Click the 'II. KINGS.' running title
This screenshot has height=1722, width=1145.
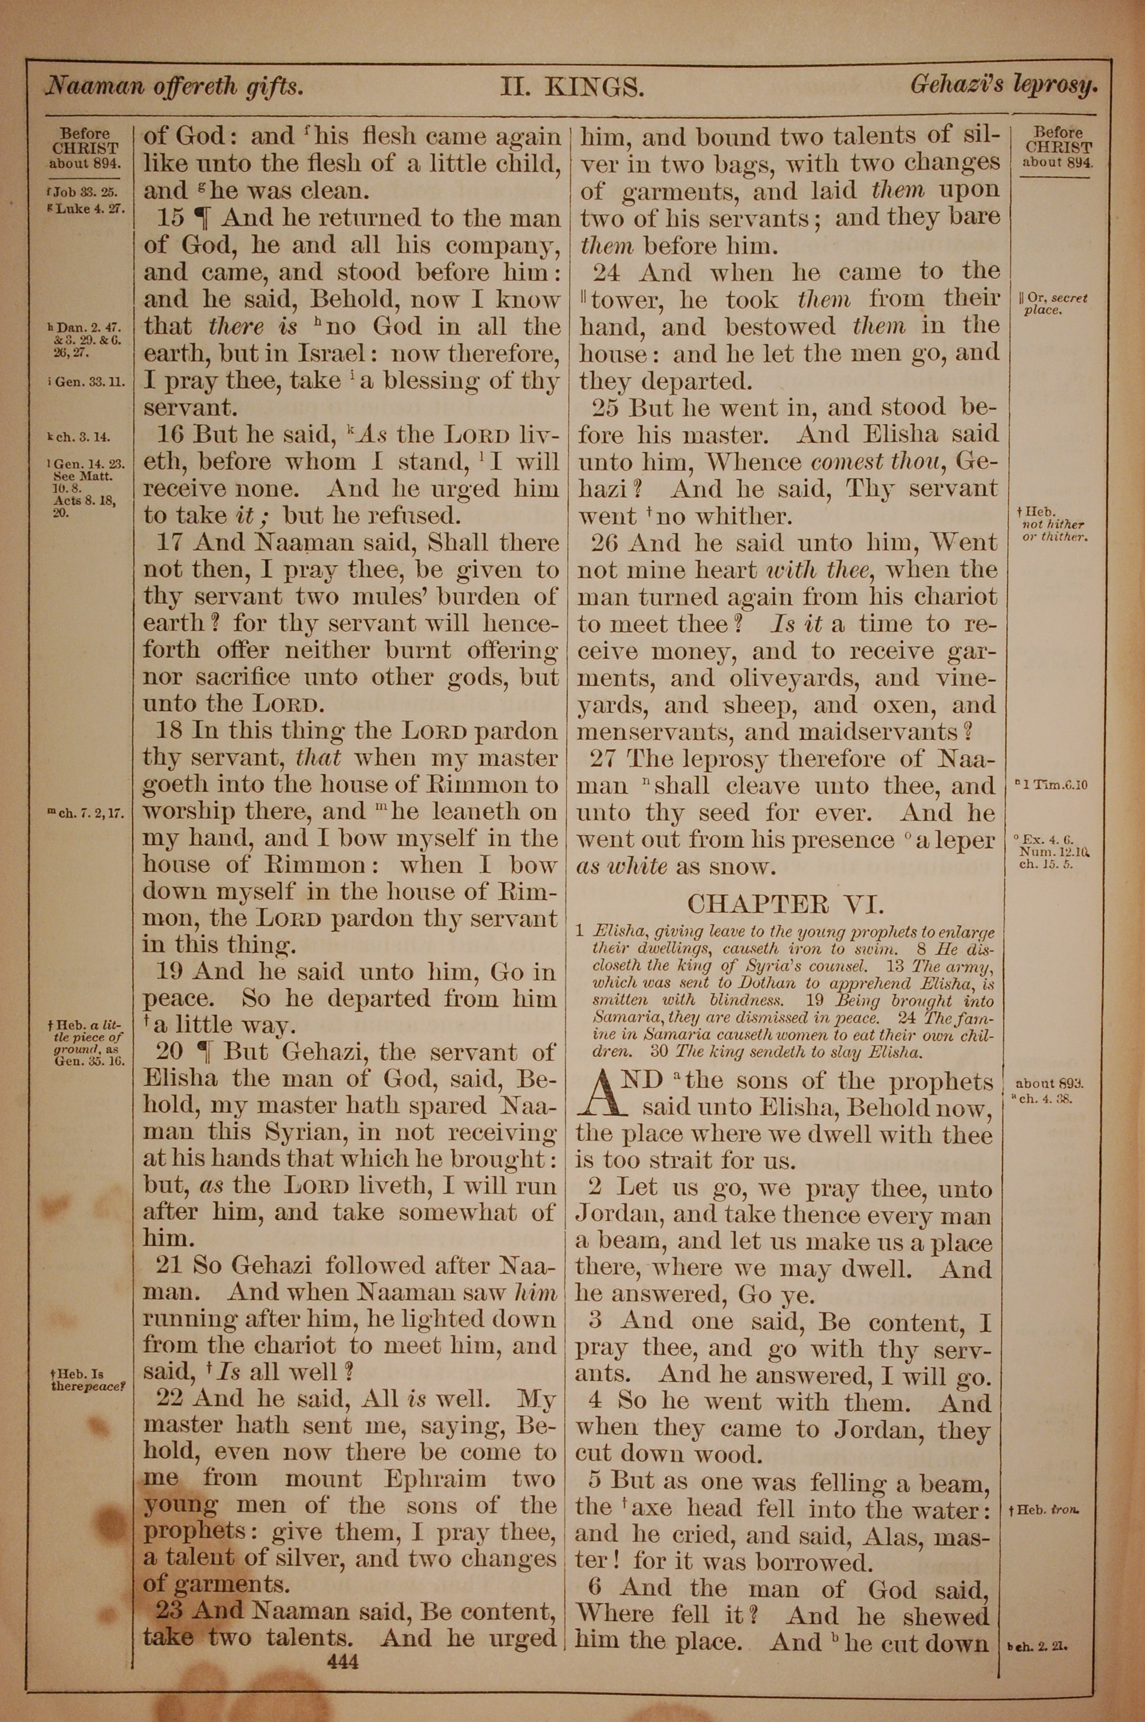click(x=572, y=88)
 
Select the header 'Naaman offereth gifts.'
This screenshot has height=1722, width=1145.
click(x=174, y=87)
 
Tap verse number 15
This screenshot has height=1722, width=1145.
click(x=172, y=218)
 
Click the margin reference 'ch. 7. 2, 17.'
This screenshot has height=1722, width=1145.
click(x=87, y=813)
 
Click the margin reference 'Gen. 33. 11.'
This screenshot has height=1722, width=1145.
click(x=87, y=382)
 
